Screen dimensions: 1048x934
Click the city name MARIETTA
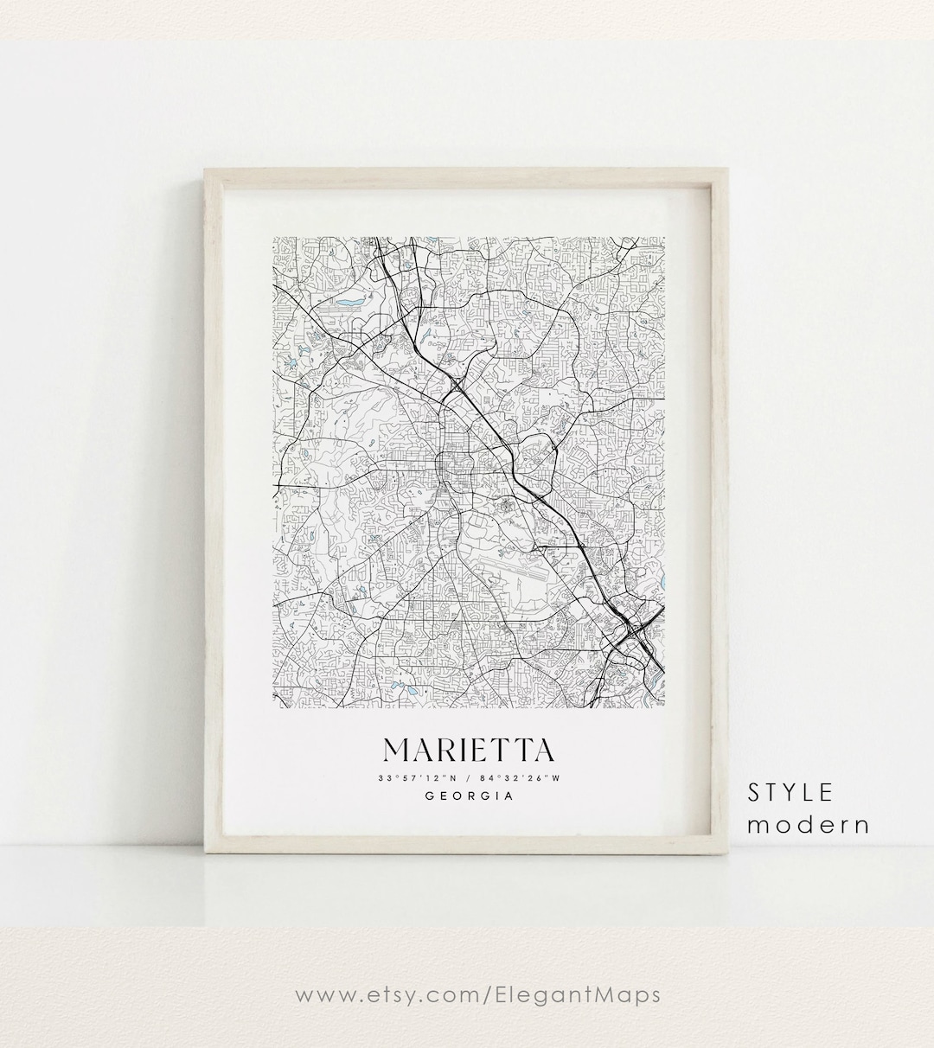[470, 749]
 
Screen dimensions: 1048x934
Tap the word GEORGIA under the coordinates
[470, 796]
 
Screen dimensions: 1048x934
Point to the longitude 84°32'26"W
[520, 777]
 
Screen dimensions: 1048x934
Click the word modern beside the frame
[809, 824]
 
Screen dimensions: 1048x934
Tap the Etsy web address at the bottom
[478, 994]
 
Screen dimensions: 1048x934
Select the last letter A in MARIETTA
[542, 749]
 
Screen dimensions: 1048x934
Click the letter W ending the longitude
[558, 777]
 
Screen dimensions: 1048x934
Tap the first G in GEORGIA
[431, 796]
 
